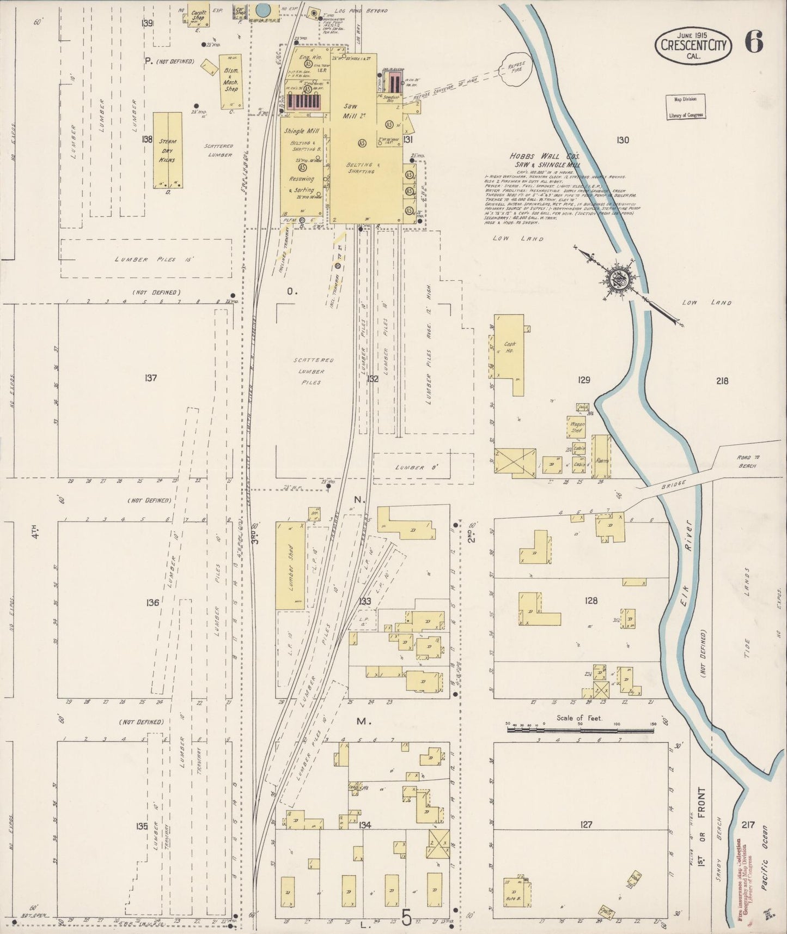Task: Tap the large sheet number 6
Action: pyautogui.click(x=754, y=42)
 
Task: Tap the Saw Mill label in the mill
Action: pyautogui.click(x=350, y=112)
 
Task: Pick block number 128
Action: pyautogui.click(x=591, y=601)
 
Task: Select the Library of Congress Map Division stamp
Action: pyautogui.click(x=686, y=106)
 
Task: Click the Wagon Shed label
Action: pyautogui.click(x=577, y=426)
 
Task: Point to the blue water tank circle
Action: pyautogui.click(x=263, y=9)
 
